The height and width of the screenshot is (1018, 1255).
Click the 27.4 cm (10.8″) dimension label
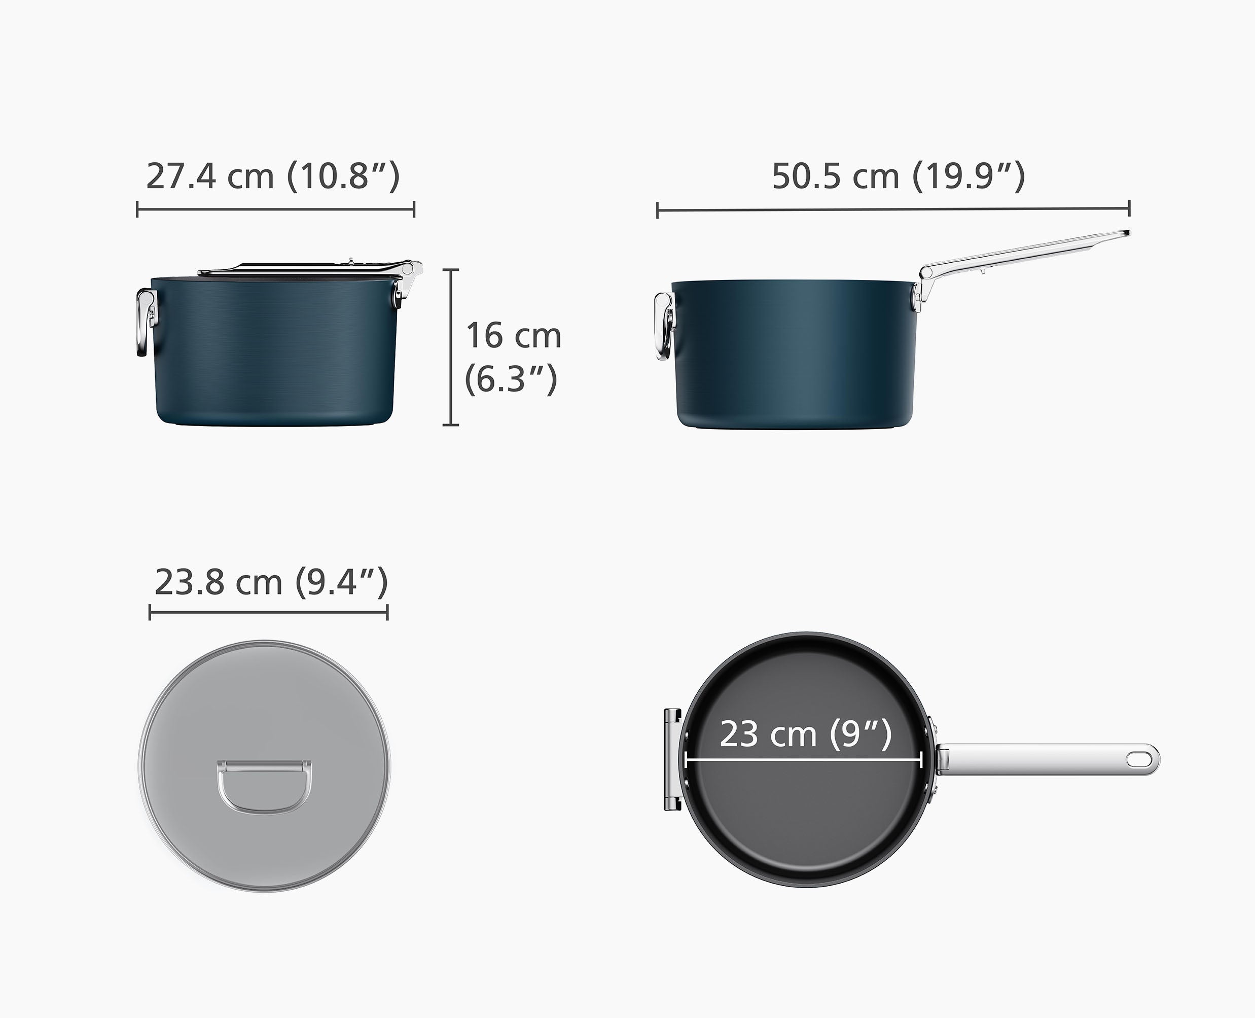point(273,176)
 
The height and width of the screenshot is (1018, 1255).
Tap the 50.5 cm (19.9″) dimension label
point(898,176)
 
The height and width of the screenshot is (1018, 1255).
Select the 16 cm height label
point(514,336)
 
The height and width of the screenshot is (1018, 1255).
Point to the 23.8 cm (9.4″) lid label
point(271,582)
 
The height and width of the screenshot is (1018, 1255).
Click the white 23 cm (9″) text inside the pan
point(805,734)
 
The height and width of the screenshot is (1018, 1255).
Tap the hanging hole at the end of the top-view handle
point(1138,758)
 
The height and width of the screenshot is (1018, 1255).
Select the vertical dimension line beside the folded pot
point(450,347)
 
